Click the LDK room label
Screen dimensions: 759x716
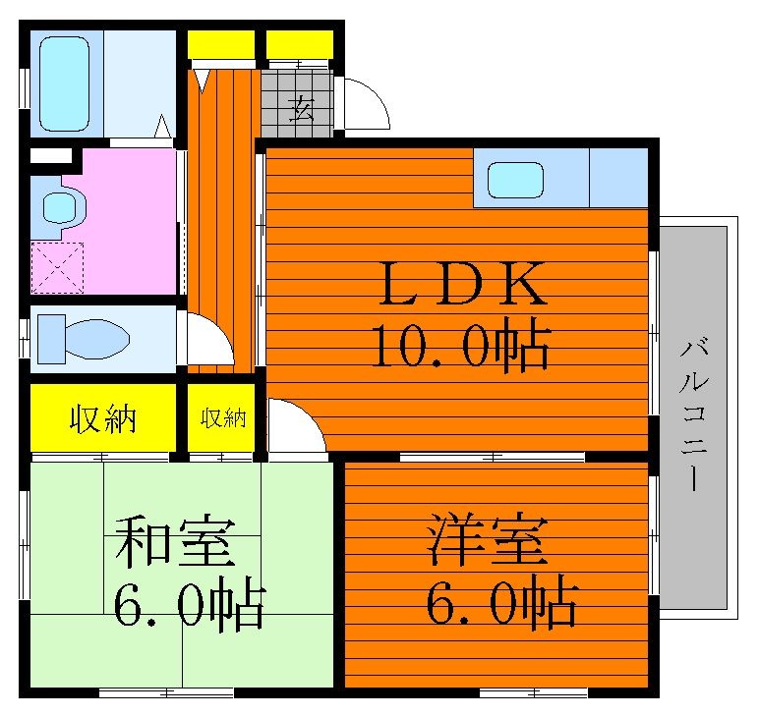point(463,283)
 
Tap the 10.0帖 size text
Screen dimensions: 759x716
point(461,345)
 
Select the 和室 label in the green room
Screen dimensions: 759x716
point(175,542)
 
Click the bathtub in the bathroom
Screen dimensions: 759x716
point(64,83)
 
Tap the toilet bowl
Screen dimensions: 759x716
point(96,339)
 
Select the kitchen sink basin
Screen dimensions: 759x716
point(515,180)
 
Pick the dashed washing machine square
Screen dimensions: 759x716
point(57,268)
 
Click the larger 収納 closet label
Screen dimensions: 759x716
point(102,418)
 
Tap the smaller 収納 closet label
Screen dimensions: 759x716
point(223,418)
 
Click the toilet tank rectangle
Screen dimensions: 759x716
point(51,339)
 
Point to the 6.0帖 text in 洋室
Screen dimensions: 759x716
point(502,602)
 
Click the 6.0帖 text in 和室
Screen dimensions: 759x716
point(190,605)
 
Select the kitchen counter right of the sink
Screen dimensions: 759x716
point(618,178)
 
